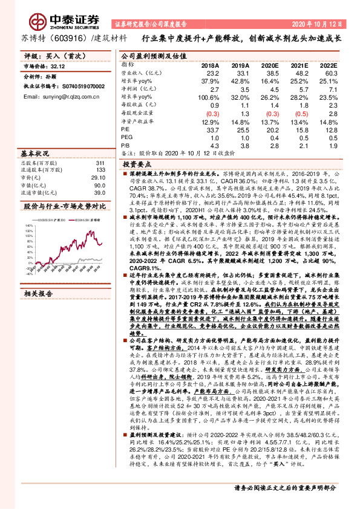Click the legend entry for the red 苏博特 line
tap(79, 219)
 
